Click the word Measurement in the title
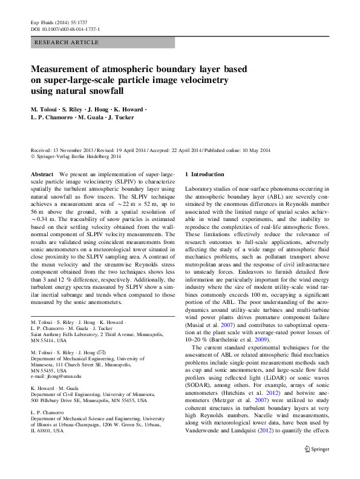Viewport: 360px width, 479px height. click(x=68, y=69)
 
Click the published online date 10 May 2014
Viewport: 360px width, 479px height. click(x=254, y=150)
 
